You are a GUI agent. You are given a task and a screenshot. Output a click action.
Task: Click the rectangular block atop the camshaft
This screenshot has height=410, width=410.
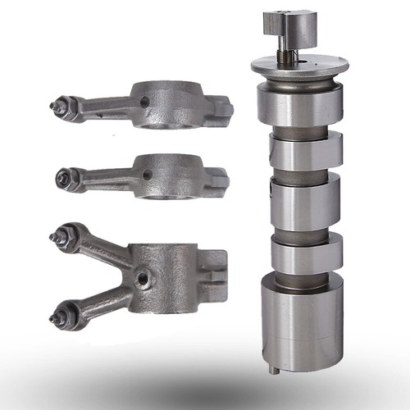coord(291,29)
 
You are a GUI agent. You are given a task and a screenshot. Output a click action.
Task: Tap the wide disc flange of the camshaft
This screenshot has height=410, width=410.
coord(303,66)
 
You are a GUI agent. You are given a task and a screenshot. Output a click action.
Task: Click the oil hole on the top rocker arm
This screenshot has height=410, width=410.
coord(145,102)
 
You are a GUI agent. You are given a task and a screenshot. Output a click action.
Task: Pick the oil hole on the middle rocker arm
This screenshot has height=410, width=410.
coord(148,174)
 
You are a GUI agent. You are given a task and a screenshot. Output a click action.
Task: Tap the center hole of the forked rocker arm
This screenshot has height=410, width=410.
coord(145,279)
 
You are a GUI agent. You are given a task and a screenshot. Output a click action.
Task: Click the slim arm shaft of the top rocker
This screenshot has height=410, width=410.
coord(107,106)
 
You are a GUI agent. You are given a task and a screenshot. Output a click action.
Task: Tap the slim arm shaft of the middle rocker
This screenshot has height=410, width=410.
coord(107,175)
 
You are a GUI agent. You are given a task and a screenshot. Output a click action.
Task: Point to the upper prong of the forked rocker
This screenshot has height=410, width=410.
coord(102,250)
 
